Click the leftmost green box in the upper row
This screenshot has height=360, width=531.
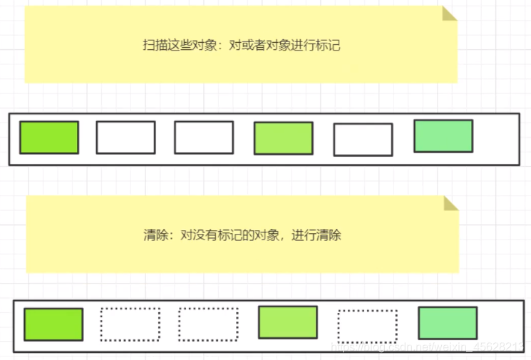(49, 138)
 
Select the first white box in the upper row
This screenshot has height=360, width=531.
(125, 138)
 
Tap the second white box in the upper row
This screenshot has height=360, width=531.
(204, 138)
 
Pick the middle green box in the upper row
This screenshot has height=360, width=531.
(283, 138)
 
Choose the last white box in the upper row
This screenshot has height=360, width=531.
(363, 140)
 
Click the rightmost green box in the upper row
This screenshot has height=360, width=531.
(443, 136)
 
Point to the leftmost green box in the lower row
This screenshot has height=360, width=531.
(53, 324)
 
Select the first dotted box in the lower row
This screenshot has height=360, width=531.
(130, 324)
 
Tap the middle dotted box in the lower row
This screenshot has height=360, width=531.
(208, 324)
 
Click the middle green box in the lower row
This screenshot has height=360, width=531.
(288, 322)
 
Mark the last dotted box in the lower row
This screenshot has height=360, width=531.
(367, 325)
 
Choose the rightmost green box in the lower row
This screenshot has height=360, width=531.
(448, 323)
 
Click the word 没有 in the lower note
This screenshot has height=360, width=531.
(204, 235)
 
